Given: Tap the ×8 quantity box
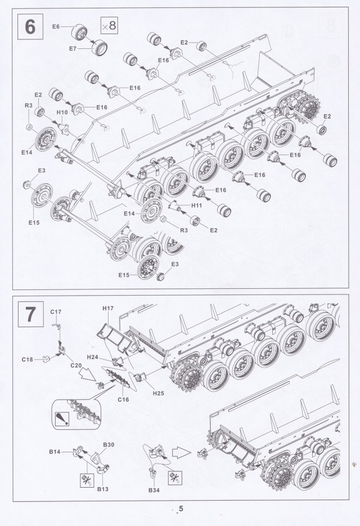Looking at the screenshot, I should [109, 25].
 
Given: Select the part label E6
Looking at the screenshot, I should [56, 27].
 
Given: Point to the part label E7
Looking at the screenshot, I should [73, 49].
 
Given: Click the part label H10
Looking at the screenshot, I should [63, 112].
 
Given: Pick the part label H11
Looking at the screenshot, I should [196, 206].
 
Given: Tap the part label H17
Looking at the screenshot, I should [108, 309].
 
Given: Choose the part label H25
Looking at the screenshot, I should [157, 393].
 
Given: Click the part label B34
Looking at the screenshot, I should [155, 491].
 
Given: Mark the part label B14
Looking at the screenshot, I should [55, 451].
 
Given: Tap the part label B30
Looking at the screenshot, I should [109, 445].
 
